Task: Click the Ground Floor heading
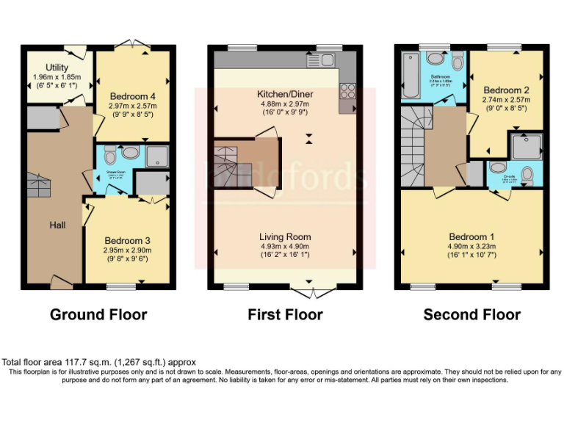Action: point(98,315)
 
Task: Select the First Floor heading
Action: point(285,315)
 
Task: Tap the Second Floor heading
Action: point(471,315)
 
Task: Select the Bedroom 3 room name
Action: point(127,240)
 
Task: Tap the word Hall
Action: point(57,225)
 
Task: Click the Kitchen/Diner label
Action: point(284,95)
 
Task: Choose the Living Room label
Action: point(284,236)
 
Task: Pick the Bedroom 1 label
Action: point(472,236)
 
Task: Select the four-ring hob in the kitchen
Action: point(347,91)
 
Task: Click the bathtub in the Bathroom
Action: point(410,75)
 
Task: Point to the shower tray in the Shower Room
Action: point(156,156)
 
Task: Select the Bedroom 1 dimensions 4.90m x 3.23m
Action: point(472,246)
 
